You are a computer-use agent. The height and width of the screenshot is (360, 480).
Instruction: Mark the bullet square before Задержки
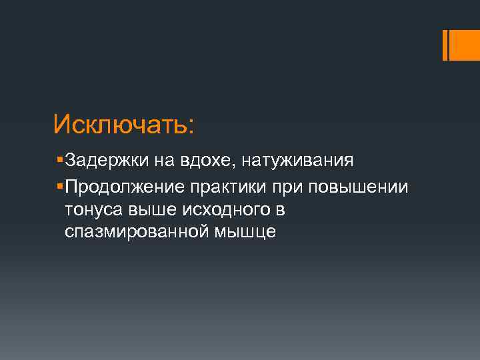(x=61, y=161)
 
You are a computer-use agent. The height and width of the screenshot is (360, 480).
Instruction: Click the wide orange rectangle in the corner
(x=464, y=45)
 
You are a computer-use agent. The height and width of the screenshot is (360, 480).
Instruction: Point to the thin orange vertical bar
(x=445, y=45)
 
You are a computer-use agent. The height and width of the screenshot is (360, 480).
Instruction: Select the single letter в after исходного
(x=281, y=210)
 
